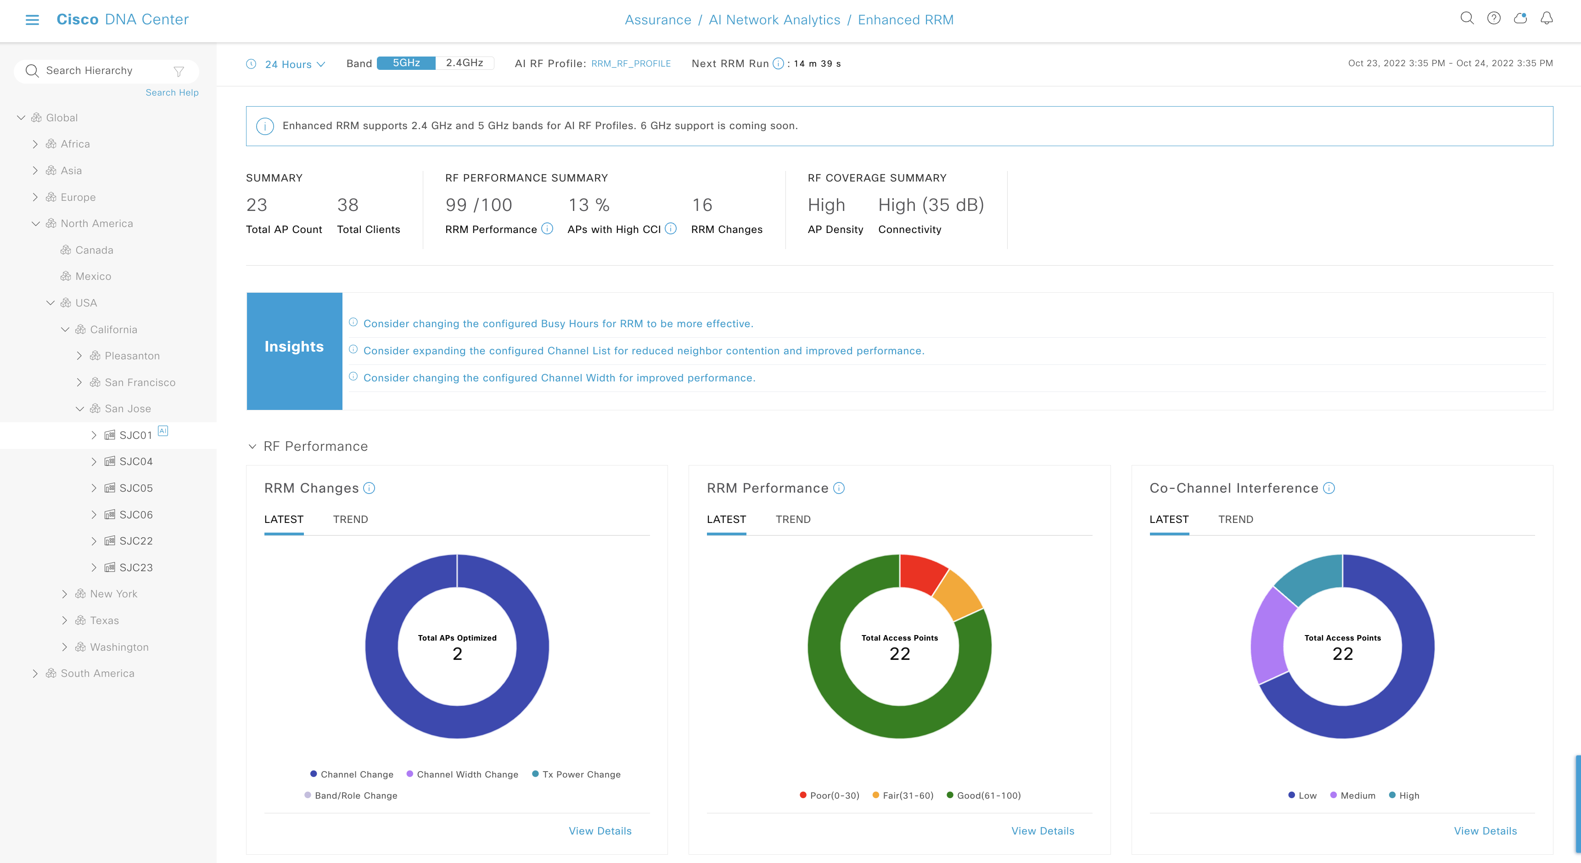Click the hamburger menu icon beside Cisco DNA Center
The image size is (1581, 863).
32,20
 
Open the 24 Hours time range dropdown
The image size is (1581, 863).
294,64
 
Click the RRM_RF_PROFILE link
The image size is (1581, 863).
630,64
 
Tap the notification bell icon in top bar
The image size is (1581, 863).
1546,18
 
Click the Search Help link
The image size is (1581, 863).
172,93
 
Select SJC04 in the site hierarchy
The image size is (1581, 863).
135,461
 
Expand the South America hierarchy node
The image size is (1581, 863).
35,673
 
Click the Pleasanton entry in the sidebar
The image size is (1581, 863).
132,356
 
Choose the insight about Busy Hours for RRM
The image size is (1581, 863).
558,324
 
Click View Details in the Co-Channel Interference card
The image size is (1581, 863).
1485,831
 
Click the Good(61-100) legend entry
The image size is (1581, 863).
988,795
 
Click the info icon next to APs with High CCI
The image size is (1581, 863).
671,228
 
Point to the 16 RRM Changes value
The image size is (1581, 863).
702,205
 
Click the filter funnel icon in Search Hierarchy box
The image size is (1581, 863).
179,71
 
